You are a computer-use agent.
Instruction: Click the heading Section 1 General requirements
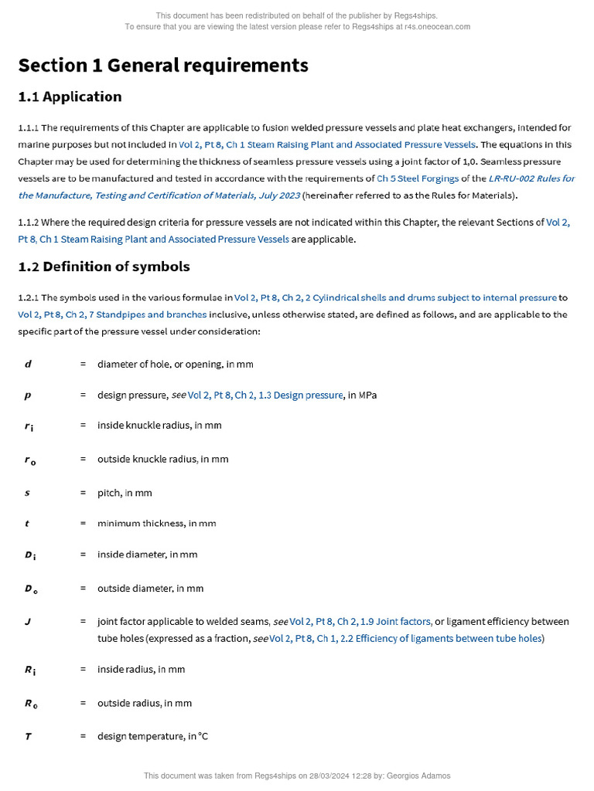[x=163, y=66]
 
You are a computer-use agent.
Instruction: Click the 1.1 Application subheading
[x=70, y=97]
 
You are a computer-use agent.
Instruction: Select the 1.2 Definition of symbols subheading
[x=104, y=266]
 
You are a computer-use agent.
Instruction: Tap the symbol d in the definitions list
[x=28, y=364]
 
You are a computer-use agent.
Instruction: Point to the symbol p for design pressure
[x=28, y=395]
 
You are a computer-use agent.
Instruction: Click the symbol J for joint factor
[x=28, y=621]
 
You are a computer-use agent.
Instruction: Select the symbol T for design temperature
[x=28, y=736]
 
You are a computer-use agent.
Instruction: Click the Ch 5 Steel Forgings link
[x=418, y=178]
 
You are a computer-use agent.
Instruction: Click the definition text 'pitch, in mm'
[x=125, y=493]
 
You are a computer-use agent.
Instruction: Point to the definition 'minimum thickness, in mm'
[x=157, y=523]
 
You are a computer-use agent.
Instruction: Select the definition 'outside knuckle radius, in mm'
[x=163, y=459]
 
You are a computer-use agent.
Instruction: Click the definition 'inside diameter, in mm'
[x=148, y=555]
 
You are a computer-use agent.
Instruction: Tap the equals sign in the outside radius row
[x=83, y=703]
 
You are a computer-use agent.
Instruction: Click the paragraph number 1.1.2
[x=29, y=222]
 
